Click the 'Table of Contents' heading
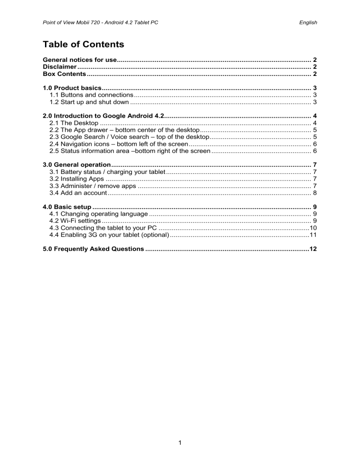pos(83,45)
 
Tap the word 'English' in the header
pos(307,22)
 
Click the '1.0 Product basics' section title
pos(72,88)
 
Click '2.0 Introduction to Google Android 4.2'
pos(103,116)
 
